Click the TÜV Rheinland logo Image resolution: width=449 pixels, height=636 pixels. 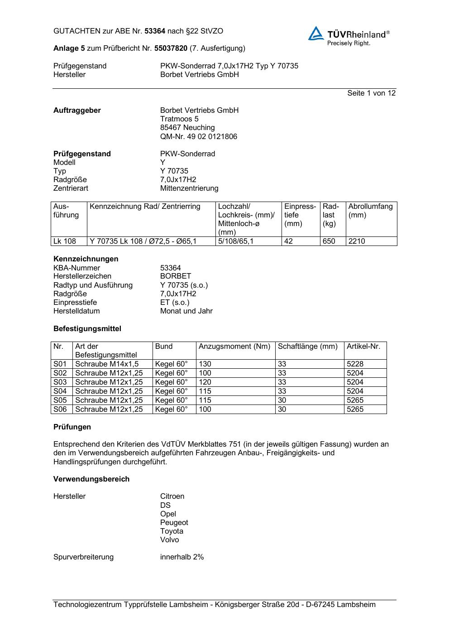(x=349, y=36)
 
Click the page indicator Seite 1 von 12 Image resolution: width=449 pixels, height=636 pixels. (x=371, y=93)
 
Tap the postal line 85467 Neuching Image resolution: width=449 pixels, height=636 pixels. (x=187, y=128)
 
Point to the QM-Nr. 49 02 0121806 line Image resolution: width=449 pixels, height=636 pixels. (x=198, y=136)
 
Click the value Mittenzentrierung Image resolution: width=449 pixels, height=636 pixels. (x=189, y=188)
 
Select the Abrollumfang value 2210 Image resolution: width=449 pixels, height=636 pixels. (x=357, y=241)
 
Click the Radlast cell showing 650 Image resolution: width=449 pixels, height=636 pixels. (x=329, y=241)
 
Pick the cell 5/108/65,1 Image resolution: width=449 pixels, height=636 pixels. (x=236, y=241)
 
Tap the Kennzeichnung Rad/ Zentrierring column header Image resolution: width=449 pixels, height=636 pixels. (x=145, y=207)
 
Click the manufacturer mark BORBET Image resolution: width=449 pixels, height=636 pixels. (x=176, y=276)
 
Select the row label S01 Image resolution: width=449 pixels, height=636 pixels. (x=60, y=364)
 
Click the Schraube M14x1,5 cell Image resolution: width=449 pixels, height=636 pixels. (x=107, y=364)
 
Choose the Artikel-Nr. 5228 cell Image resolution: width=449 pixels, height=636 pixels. (x=355, y=364)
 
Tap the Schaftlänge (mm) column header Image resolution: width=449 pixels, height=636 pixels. (x=308, y=347)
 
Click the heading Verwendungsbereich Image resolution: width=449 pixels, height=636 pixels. (x=91, y=479)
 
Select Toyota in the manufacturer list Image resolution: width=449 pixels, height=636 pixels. (x=172, y=531)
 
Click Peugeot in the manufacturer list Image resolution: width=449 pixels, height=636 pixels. (x=174, y=522)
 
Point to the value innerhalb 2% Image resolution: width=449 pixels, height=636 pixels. (x=182, y=557)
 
